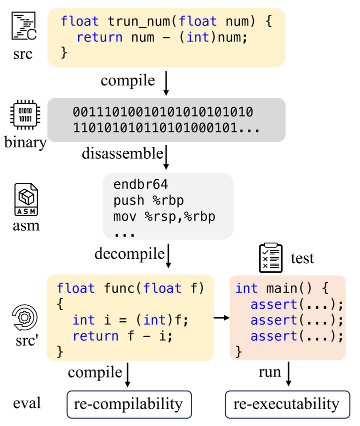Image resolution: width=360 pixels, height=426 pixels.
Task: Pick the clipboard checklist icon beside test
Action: (270, 258)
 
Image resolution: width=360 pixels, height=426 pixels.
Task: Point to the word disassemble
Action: (122, 153)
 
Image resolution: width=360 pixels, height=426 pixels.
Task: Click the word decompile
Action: (129, 254)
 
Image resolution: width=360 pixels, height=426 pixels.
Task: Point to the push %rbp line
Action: (148, 201)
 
